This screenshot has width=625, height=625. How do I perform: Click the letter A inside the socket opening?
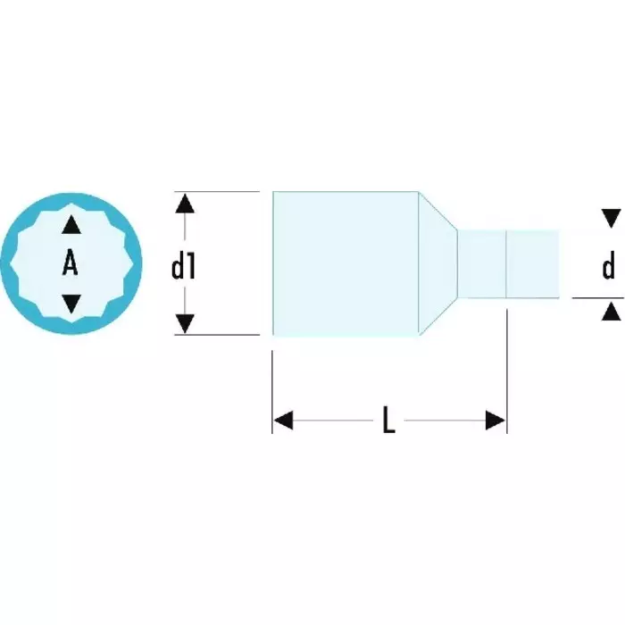[71, 263]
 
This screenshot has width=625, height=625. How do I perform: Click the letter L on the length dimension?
[388, 421]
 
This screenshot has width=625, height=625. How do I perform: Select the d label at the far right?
[609, 265]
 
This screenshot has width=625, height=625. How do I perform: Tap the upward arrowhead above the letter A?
[71, 225]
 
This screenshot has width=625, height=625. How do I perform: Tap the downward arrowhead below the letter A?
[71, 303]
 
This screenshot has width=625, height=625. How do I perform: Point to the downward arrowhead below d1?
[185, 323]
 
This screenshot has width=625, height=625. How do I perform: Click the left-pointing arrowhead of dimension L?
[283, 421]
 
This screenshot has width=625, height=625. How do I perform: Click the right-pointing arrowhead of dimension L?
[496, 421]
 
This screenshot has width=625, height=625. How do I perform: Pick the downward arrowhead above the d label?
[611, 218]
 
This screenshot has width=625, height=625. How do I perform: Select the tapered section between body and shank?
[437, 263]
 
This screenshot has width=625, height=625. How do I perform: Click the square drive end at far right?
[533, 263]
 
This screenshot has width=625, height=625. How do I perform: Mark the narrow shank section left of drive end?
[482, 263]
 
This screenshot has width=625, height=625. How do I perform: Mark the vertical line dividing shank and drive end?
[507, 263]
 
